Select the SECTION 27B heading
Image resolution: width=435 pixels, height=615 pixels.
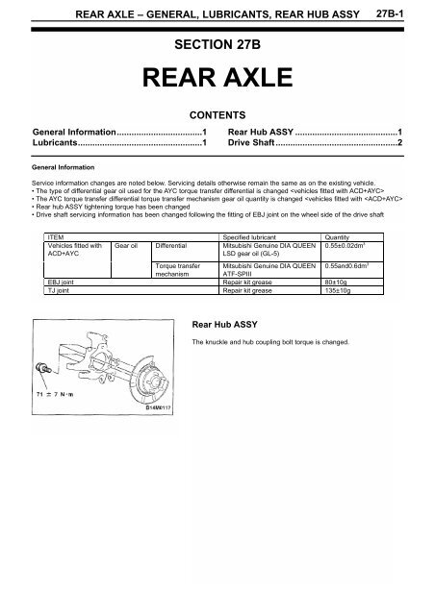217,46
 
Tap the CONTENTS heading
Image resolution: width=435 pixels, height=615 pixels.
217,113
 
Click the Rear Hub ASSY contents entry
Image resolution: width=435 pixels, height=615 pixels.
260,130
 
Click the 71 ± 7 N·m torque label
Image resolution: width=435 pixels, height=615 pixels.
54,394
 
